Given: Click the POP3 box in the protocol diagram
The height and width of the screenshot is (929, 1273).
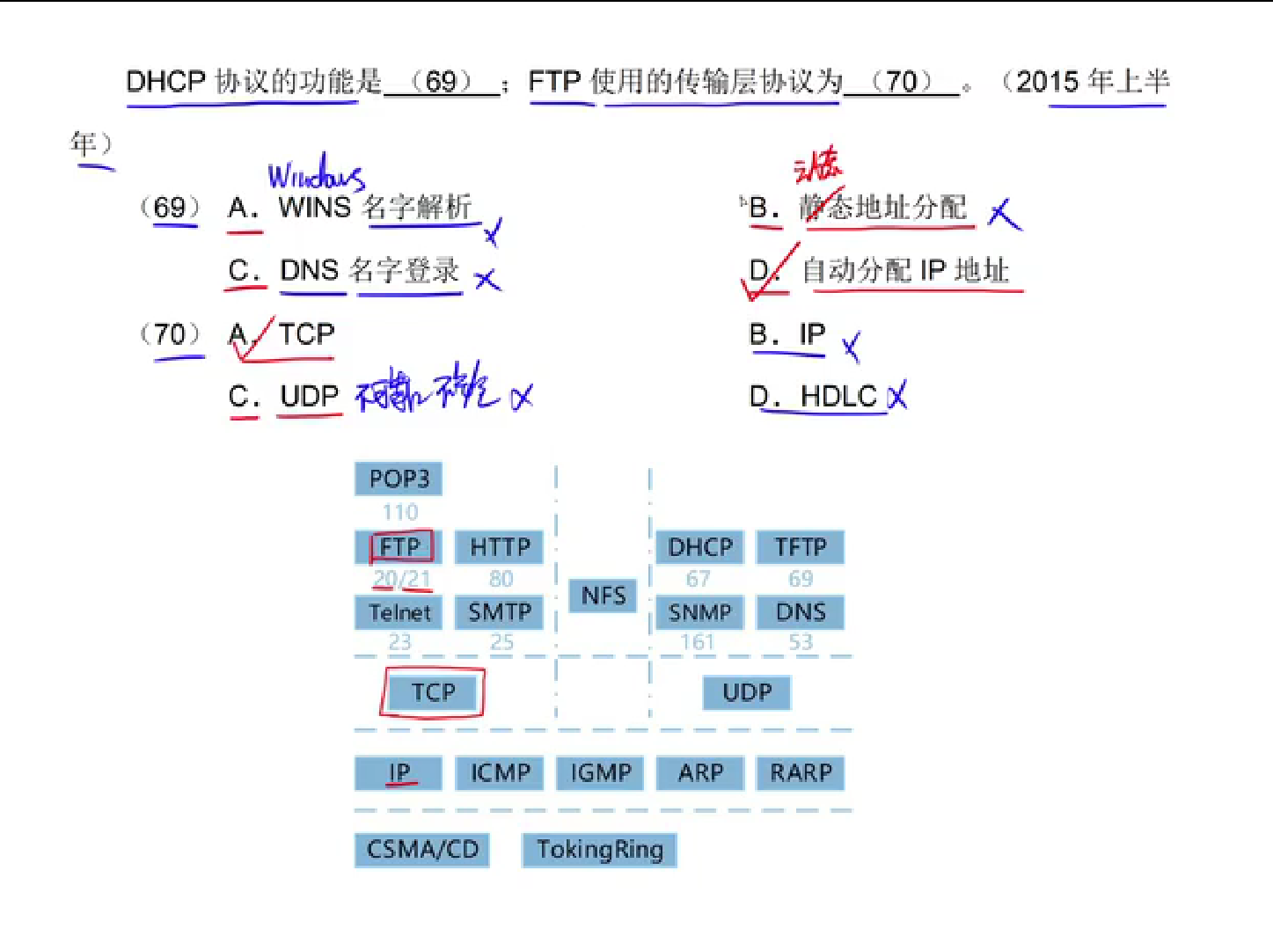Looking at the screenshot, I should (399, 479).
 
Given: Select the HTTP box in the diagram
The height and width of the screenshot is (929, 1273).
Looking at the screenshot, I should (500, 547).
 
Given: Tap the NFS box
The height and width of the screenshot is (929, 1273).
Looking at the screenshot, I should (604, 596).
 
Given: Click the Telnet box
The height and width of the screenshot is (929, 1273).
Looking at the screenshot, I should (399, 612).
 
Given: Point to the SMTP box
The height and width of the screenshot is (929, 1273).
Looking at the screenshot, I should (500, 612).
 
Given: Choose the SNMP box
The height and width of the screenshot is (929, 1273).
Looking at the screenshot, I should (700, 612).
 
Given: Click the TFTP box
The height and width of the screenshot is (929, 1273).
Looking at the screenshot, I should (801, 547).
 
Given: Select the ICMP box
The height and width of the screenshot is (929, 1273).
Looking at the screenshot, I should (500, 773).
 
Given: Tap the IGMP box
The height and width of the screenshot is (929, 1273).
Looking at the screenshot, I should (601, 773).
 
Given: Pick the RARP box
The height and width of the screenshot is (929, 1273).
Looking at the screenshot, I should (801, 773).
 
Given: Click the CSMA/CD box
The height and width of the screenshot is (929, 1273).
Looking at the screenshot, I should (422, 850).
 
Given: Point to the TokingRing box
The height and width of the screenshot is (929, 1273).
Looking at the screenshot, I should (600, 850).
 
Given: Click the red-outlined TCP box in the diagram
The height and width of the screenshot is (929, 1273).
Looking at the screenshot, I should (433, 693).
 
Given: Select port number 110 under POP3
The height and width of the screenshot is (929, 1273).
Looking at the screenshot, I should (400, 512).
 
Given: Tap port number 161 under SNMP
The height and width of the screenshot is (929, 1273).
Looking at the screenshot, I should (698, 642).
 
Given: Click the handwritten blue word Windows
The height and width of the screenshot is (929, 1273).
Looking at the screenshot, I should (315, 174).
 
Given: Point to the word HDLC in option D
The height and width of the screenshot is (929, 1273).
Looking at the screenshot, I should (838, 398).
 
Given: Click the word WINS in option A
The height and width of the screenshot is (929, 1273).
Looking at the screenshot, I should (314, 208).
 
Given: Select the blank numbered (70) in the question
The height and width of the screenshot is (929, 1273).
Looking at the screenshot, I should (902, 82).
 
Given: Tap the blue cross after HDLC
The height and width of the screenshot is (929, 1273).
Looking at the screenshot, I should (897, 397).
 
